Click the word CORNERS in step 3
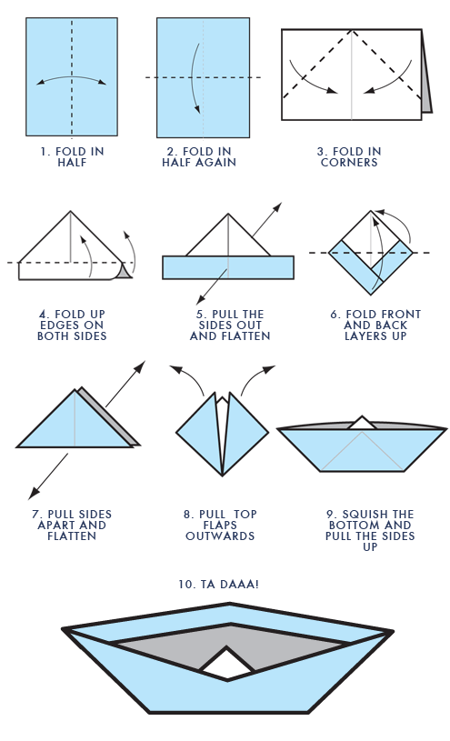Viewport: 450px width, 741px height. click(349, 162)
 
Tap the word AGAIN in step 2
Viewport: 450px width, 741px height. click(216, 162)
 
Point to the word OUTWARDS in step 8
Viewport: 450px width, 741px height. click(220, 536)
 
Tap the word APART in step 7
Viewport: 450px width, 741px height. click(55, 525)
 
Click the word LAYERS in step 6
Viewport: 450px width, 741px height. click(366, 336)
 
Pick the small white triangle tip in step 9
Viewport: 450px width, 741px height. click(362, 424)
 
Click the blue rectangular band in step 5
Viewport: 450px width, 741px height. click(228, 267)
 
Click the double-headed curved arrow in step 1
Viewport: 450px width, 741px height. click(72, 78)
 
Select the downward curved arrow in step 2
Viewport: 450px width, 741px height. click(192, 78)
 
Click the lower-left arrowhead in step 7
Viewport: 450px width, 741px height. click(33, 494)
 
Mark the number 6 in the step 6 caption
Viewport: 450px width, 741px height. click(334, 315)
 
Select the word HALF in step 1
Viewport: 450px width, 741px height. click(72, 162)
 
